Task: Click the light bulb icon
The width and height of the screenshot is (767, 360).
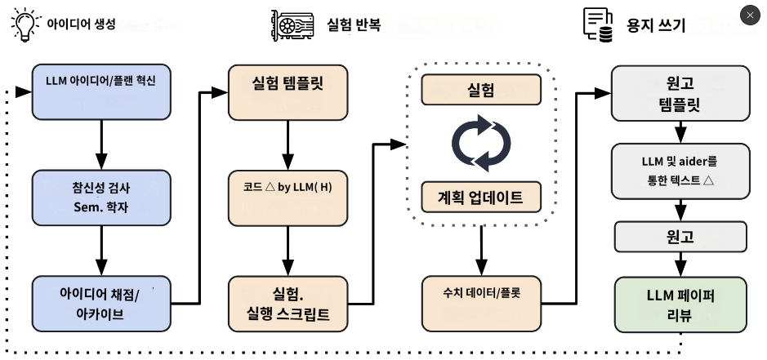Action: click(x=26, y=24)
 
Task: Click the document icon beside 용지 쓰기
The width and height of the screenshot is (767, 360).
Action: click(x=598, y=24)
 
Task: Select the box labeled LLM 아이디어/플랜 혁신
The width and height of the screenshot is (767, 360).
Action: click(x=101, y=92)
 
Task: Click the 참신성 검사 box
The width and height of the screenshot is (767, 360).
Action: click(x=101, y=198)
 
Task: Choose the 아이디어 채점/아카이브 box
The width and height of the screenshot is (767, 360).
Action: click(x=101, y=304)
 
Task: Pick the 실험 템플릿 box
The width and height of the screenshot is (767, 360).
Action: click(x=288, y=92)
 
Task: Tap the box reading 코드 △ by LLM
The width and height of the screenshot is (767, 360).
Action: click(x=288, y=198)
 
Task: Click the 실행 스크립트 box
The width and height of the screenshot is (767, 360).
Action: click(x=288, y=304)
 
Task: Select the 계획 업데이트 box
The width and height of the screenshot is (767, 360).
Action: click(x=481, y=197)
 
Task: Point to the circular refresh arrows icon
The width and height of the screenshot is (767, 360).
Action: click(x=481, y=144)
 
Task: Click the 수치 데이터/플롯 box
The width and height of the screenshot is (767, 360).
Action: click(x=481, y=304)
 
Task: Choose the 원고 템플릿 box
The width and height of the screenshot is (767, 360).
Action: click(x=680, y=93)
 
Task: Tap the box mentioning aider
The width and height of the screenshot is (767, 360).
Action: click(x=680, y=171)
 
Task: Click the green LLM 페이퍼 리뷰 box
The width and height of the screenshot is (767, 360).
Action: click(x=680, y=304)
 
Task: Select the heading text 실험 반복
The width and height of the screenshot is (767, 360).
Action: click(x=354, y=24)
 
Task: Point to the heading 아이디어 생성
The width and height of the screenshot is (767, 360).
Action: click(x=81, y=24)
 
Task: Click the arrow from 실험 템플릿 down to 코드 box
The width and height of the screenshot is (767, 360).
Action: click(x=288, y=145)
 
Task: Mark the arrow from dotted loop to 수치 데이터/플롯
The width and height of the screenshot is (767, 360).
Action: click(x=481, y=251)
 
